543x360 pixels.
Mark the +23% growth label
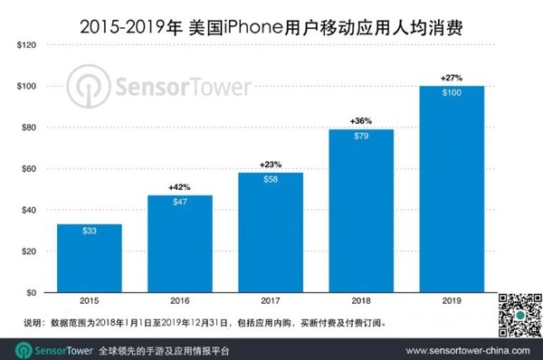tap(258, 165)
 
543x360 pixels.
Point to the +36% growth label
tap(348, 120)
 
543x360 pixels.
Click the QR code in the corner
tap(519, 317)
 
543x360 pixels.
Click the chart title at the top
tap(271, 17)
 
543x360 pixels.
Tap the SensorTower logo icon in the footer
tap(19, 347)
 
